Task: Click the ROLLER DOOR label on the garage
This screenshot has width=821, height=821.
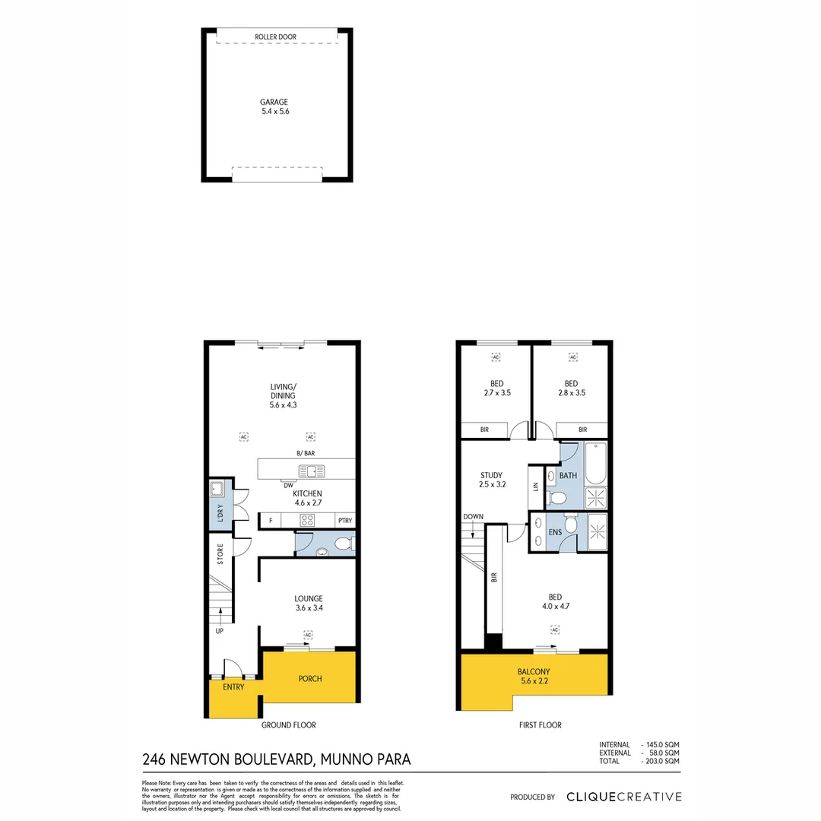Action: (x=277, y=36)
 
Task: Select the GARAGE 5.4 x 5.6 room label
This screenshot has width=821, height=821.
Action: (x=275, y=106)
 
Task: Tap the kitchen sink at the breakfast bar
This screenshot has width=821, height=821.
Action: (x=312, y=471)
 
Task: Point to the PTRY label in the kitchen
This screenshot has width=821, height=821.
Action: (x=345, y=521)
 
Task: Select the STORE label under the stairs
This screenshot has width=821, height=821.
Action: (x=220, y=553)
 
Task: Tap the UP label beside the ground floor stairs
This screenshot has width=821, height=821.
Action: (x=219, y=630)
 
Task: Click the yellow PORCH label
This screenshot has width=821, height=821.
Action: (x=310, y=678)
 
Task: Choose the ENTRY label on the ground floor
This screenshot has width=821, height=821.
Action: (x=233, y=687)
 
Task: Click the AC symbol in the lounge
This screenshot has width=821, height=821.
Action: (x=308, y=634)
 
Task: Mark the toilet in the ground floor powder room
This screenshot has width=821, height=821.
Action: (x=344, y=544)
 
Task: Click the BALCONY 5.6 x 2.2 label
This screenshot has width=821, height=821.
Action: (x=534, y=677)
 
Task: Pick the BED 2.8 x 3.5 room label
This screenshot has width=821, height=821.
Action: (x=571, y=388)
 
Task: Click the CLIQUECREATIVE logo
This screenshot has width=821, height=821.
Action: (x=623, y=797)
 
